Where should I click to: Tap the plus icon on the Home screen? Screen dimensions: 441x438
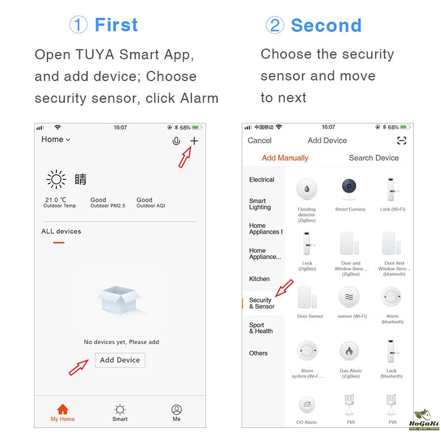(x=194, y=141)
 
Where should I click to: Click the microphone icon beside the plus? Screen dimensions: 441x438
(x=176, y=141)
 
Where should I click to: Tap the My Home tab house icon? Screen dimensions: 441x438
(x=63, y=410)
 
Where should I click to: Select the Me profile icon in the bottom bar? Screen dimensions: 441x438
(x=176, y=410)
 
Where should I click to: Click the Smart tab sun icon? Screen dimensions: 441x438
(x=120, y=410)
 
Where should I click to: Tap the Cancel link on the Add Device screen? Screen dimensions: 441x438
(x=260, y=140)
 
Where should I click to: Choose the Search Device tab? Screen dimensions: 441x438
(x=373, y=158)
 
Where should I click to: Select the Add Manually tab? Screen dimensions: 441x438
(x=285, y=158)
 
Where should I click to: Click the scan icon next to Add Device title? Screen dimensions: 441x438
(x=401, y=140)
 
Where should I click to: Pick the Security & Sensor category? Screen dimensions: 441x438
(x=262, y=303)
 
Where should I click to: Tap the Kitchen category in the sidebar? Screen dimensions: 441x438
(x=260, y=279)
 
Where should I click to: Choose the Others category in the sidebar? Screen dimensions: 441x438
(x=258, y=353)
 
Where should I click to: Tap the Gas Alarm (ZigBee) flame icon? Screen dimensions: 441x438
(x=349, y=351)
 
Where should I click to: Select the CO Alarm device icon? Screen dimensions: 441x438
(x=307, y=404)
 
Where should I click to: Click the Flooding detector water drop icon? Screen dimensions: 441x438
(x=307, y=189)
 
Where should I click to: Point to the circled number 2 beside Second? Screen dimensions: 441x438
(x=275, y=25)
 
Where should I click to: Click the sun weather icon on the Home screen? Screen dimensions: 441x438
(x=56, y=179)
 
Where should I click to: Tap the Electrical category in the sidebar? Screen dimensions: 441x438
(x=262, y=179)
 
